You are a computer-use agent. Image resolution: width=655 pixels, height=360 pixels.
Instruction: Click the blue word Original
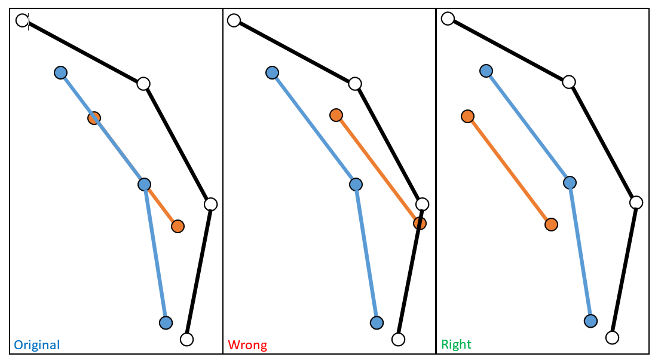[37, 345]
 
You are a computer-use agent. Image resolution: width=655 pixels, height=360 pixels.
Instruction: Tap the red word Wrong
[247, 345]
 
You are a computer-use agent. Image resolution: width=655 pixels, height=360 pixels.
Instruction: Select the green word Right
[456, 344]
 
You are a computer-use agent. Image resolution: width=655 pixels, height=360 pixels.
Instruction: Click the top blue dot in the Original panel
[60, 73]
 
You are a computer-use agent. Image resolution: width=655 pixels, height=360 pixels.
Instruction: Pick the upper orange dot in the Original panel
[94, 118]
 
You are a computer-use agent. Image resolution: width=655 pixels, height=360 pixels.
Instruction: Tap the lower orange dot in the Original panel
[177, 226]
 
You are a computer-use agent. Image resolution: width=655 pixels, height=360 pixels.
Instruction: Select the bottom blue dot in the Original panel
[166, 323]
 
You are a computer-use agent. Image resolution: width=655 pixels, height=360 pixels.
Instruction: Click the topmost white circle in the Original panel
[23, 20]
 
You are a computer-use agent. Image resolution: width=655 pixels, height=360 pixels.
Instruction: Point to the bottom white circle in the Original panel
[186, 340]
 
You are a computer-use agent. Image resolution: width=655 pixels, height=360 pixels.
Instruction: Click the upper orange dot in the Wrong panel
[336, 115]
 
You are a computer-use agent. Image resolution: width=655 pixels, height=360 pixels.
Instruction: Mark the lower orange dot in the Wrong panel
[420, 223]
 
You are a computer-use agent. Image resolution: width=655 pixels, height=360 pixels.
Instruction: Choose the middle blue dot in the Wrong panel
[356, 184]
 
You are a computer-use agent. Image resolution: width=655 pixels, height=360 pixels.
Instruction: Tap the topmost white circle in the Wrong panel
[234, 20]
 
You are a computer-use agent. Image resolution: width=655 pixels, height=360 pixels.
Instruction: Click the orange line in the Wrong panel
[378, 169]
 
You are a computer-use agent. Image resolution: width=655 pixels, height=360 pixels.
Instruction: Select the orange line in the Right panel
[509, 170]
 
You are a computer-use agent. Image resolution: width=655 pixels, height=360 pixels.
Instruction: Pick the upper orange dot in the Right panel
[467, 116]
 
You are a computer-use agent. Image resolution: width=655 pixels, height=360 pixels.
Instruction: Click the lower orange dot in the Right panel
[551, 224]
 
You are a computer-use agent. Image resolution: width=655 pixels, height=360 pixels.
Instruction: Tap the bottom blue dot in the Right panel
[590, 321]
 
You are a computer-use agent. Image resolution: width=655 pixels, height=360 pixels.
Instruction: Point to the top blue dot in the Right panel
[486, 71]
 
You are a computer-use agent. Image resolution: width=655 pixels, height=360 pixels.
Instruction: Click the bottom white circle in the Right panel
[611, 338]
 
